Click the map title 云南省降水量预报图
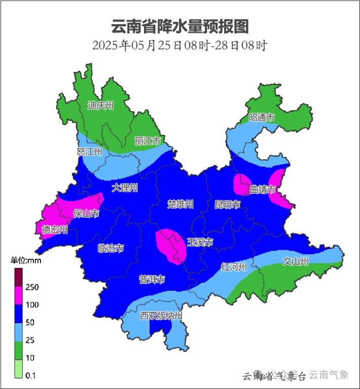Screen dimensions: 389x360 click(x=180, y=26)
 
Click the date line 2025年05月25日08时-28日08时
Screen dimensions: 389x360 click(x=180, y=46)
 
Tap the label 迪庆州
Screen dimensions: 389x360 click(x=100, y=105)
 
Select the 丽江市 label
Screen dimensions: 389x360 click(x=148, y=141)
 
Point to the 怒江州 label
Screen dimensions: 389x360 click(x=89, y=152)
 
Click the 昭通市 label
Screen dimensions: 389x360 click(x=262, y=118)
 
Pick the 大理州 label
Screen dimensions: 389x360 click(x=125, y=188)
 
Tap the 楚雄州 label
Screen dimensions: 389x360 click(x=181, y=204)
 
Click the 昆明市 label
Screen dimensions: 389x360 click(x=227, y=204)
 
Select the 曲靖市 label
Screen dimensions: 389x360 click(x=263, y=190)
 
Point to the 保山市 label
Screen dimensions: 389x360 click(x=86, y=214)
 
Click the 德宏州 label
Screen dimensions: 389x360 click(x=55, y=230)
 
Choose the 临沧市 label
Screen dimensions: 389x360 click(x=111, y=248)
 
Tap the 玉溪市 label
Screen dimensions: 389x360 click(x=200, y=242)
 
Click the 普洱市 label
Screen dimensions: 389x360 click(x=152, y=280)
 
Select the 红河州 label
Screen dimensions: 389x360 click(x=234, y=267)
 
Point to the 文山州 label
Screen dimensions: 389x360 click(x=296, y=261)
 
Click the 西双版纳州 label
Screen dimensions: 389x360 click(x=161, y=316)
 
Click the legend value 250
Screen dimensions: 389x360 click(x=32, y=287)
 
